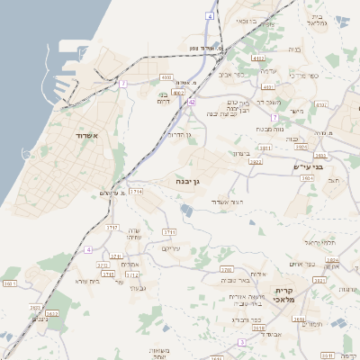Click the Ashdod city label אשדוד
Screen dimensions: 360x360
click(94, 135)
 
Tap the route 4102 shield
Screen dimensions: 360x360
click(258, 58)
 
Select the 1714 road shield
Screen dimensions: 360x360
click(136, 191)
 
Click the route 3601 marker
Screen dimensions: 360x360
click(9, 283)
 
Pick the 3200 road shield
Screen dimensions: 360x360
click(226, 269)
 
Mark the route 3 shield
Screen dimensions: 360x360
click(241, 343)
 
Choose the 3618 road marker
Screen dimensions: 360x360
click(258, 328)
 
